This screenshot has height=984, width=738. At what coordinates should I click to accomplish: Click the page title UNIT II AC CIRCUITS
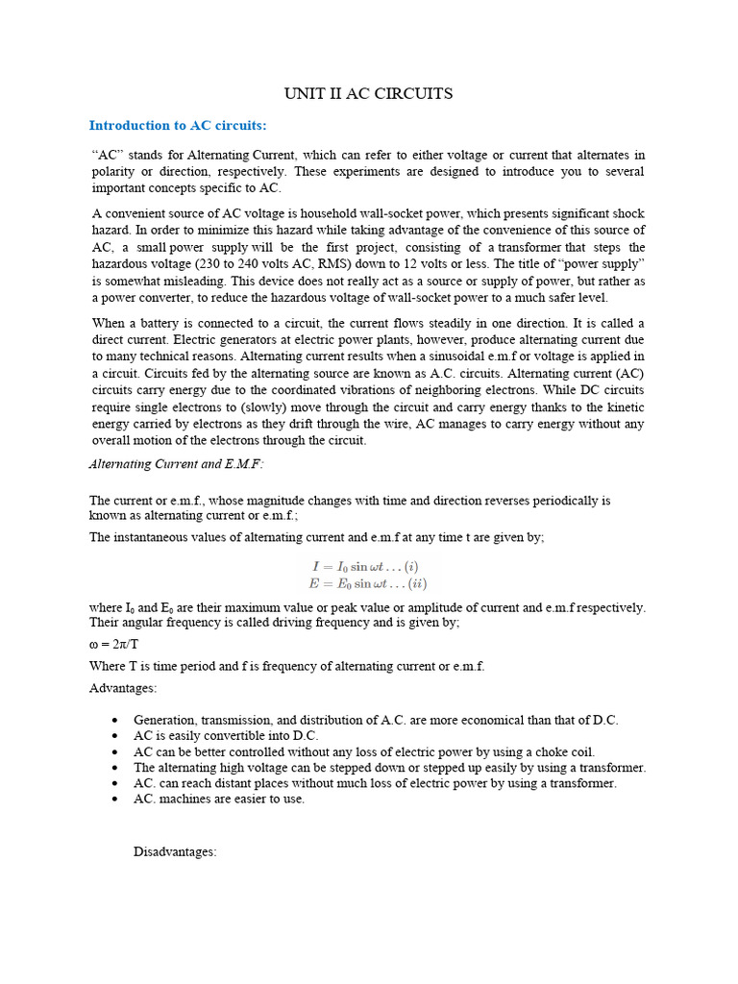pyautogui.click(x=368, y=94)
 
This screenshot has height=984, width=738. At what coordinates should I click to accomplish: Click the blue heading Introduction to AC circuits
pyautogui.click(x=178, y=125)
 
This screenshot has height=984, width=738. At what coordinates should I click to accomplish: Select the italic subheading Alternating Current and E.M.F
pyautogui.click(x=176, y=463)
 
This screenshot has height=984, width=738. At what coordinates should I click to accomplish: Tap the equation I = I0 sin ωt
pyautogui.click(x=365, y=567)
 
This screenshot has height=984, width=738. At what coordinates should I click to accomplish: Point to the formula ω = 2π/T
pyautogui.click(x=114, y=644)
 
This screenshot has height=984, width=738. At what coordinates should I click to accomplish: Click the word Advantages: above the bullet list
pyautogui.click(x=123, y=688)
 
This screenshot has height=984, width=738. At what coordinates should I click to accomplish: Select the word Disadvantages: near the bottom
pyautogui.click(x=175, y=851)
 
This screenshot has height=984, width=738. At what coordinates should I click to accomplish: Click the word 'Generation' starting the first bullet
pyautogui.click(x=166, y=720)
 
